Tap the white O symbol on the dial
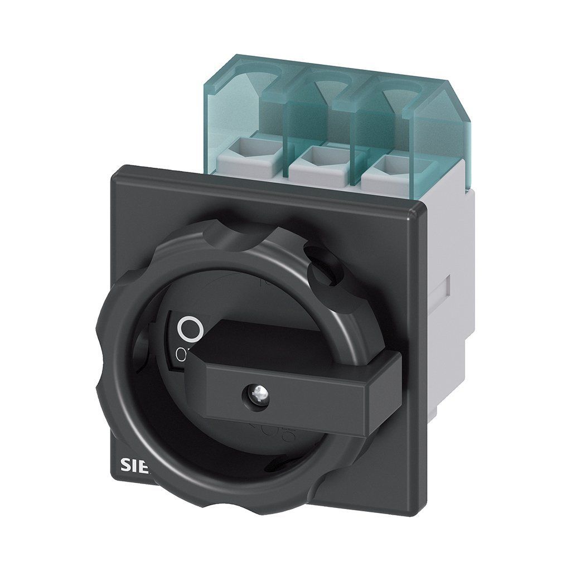190,328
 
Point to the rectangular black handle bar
296,379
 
